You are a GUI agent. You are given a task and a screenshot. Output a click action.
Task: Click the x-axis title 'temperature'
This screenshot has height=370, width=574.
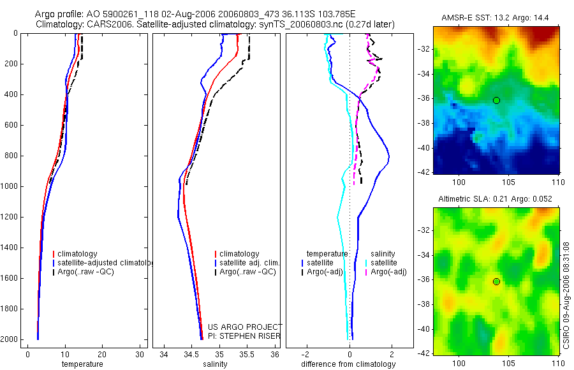(x=82, y=364)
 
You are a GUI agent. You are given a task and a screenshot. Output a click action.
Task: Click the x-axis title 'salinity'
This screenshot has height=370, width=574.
(x=214, y=364)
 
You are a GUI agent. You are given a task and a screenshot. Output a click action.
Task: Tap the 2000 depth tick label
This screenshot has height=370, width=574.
(x=9, y=339)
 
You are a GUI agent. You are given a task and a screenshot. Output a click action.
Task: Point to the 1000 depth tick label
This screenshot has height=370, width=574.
(x=9, y=186)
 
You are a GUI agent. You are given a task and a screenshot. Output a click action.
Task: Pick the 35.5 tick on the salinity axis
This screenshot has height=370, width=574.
(x=247, y=354)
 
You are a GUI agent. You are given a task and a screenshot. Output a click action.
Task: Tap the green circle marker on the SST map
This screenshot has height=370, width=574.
(x=496, y=100)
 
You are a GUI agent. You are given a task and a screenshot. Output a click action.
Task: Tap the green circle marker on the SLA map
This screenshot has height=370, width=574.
(x=496, y=281)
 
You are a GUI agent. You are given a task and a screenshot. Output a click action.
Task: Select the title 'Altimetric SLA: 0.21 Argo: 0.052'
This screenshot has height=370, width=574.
(x=496, y=200)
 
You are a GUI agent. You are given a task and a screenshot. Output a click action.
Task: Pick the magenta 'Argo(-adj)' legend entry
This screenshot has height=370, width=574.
(x=388, y=272)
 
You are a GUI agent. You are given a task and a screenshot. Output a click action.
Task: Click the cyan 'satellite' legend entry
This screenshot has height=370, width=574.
(x=383, y=263)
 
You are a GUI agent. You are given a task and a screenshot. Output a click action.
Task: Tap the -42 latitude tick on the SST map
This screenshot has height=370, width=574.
(x=423, y=172)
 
